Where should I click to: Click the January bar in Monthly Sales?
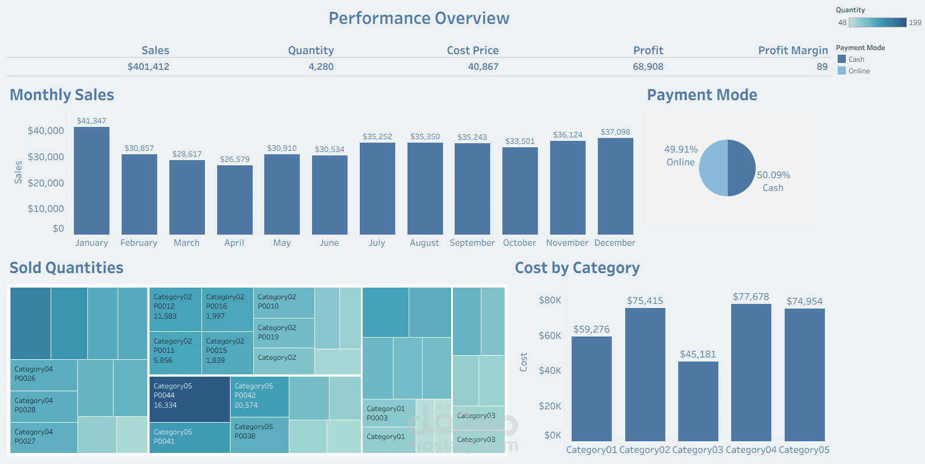(x=91, y=180)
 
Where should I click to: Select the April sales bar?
(x=235, y=200)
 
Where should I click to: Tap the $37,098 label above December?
(x=615, y=132)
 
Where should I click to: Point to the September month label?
(x=472, y=243)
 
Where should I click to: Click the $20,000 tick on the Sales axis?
(x=46, y=183)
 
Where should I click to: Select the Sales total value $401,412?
(x=148, y=67)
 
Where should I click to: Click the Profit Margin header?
(x=793, y=51)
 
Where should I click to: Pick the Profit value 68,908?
(x=648, y=67)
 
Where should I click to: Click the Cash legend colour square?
(x=842, y=59)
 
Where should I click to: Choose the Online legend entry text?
(x=859, y=71)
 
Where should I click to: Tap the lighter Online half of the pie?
(x=713, y=168)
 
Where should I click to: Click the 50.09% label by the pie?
(x=773, y=175)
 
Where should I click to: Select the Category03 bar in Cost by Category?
(x=698, y=401)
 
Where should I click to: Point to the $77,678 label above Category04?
(x=751, y=297)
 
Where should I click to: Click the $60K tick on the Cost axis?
(x=550, y=336)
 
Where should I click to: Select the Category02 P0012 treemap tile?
(x=175, y=309)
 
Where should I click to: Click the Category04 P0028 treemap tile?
(x=44, y=406)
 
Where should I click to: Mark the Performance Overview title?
(x=419, y=19)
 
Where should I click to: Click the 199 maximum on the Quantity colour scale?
(x=915, y=23)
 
